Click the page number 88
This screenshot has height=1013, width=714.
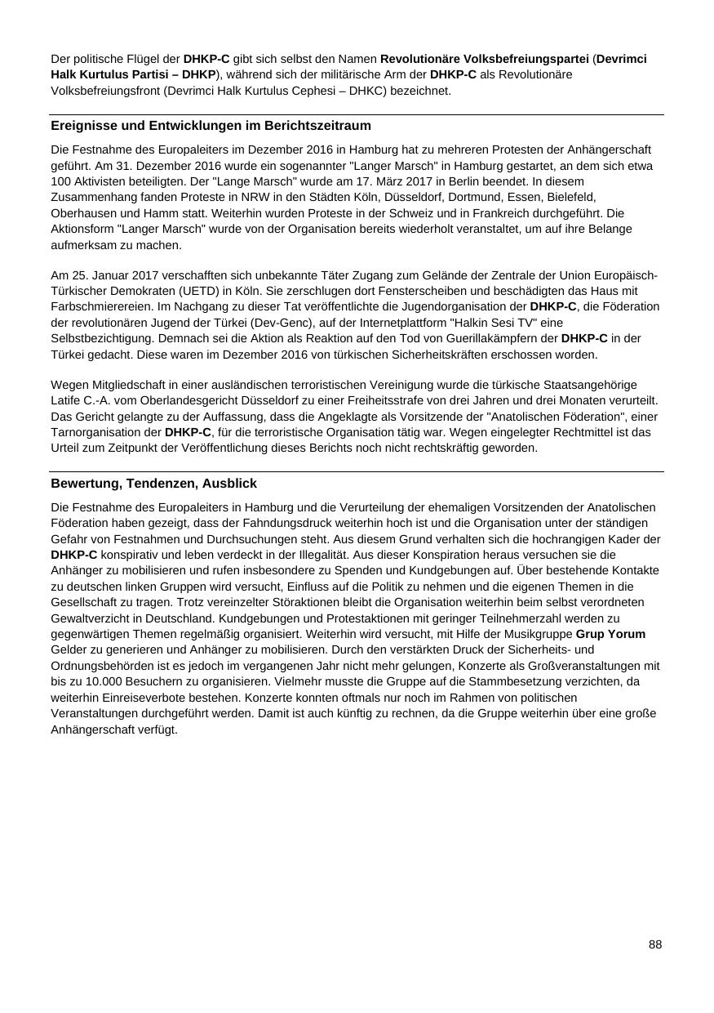tap(655, 944)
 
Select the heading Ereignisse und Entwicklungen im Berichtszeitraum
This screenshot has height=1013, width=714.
tap(211, 126)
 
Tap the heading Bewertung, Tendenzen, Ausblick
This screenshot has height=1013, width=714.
tap(153, 484)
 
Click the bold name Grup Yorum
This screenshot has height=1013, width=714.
tap(610, 634)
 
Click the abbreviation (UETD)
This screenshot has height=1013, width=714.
tap(289, 275)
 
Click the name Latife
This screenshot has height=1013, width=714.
tap(66, 400)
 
